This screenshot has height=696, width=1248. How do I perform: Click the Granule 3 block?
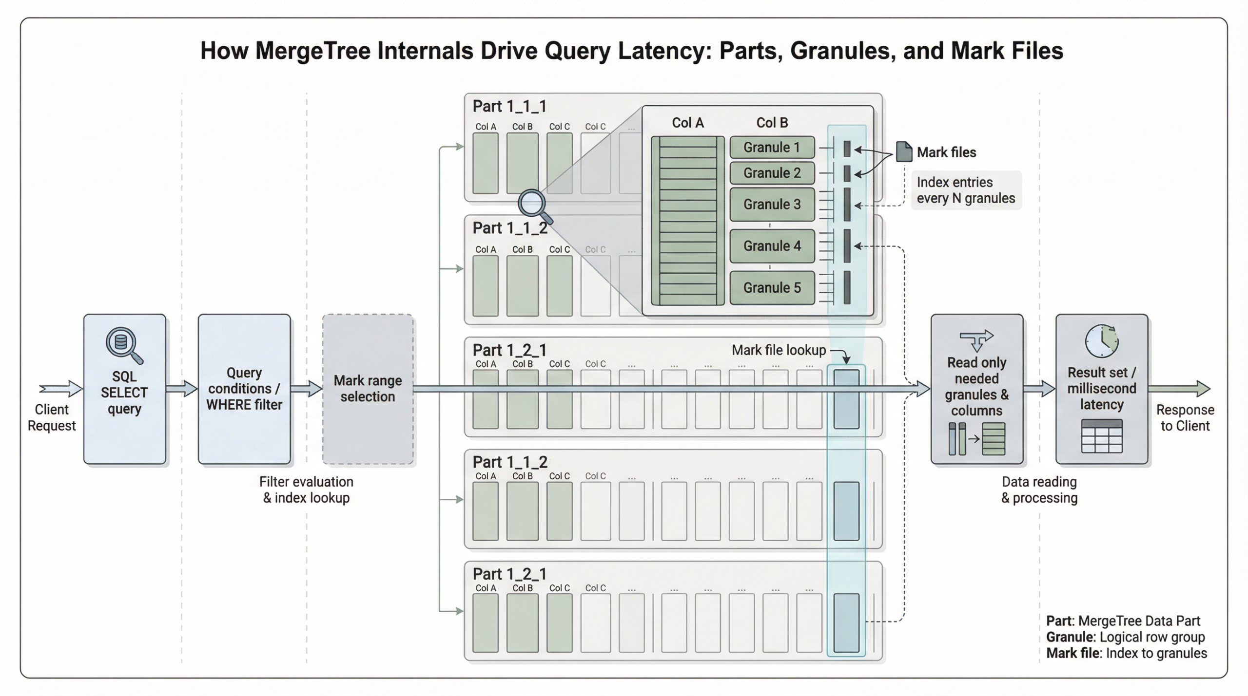click(x=772, y=205)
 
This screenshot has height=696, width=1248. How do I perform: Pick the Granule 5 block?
click(x=772, y=288)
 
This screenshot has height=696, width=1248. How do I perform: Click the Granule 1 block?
click(x=772, y=148)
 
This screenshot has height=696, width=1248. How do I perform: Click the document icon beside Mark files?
click(x=904, y=152)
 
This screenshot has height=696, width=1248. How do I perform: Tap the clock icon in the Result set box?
click(x=1101, y=341)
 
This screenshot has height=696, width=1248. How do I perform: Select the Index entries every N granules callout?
click(x=966, y=190)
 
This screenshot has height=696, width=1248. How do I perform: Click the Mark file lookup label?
click(x=779, y=350)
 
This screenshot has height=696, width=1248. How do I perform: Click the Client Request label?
click(x=52, y=417)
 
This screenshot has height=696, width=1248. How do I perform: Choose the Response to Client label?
click(x=1185, y=417)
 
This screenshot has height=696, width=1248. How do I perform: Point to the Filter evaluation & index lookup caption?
click(x=306, y=489)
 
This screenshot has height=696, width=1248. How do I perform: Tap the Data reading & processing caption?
click(x=1039, y=489)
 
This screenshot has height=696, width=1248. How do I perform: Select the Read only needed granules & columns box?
click(x=976, y=389)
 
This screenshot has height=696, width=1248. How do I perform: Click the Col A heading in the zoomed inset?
click(x=687, y=123)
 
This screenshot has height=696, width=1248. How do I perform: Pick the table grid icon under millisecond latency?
click(x=1101, y=436)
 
